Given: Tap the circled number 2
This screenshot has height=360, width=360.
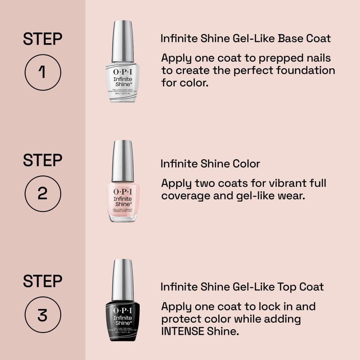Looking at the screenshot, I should coord(42,193).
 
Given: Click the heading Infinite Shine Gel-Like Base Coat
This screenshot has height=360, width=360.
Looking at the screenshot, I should coord(246,39).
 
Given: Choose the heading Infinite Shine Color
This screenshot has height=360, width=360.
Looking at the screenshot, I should coord(210,164).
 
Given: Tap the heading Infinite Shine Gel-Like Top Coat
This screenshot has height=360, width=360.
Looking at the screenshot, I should coord(242,287).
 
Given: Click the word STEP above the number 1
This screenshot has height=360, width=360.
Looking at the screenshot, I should coord(42,39).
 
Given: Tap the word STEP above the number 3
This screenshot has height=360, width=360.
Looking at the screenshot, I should coord(42,282).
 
